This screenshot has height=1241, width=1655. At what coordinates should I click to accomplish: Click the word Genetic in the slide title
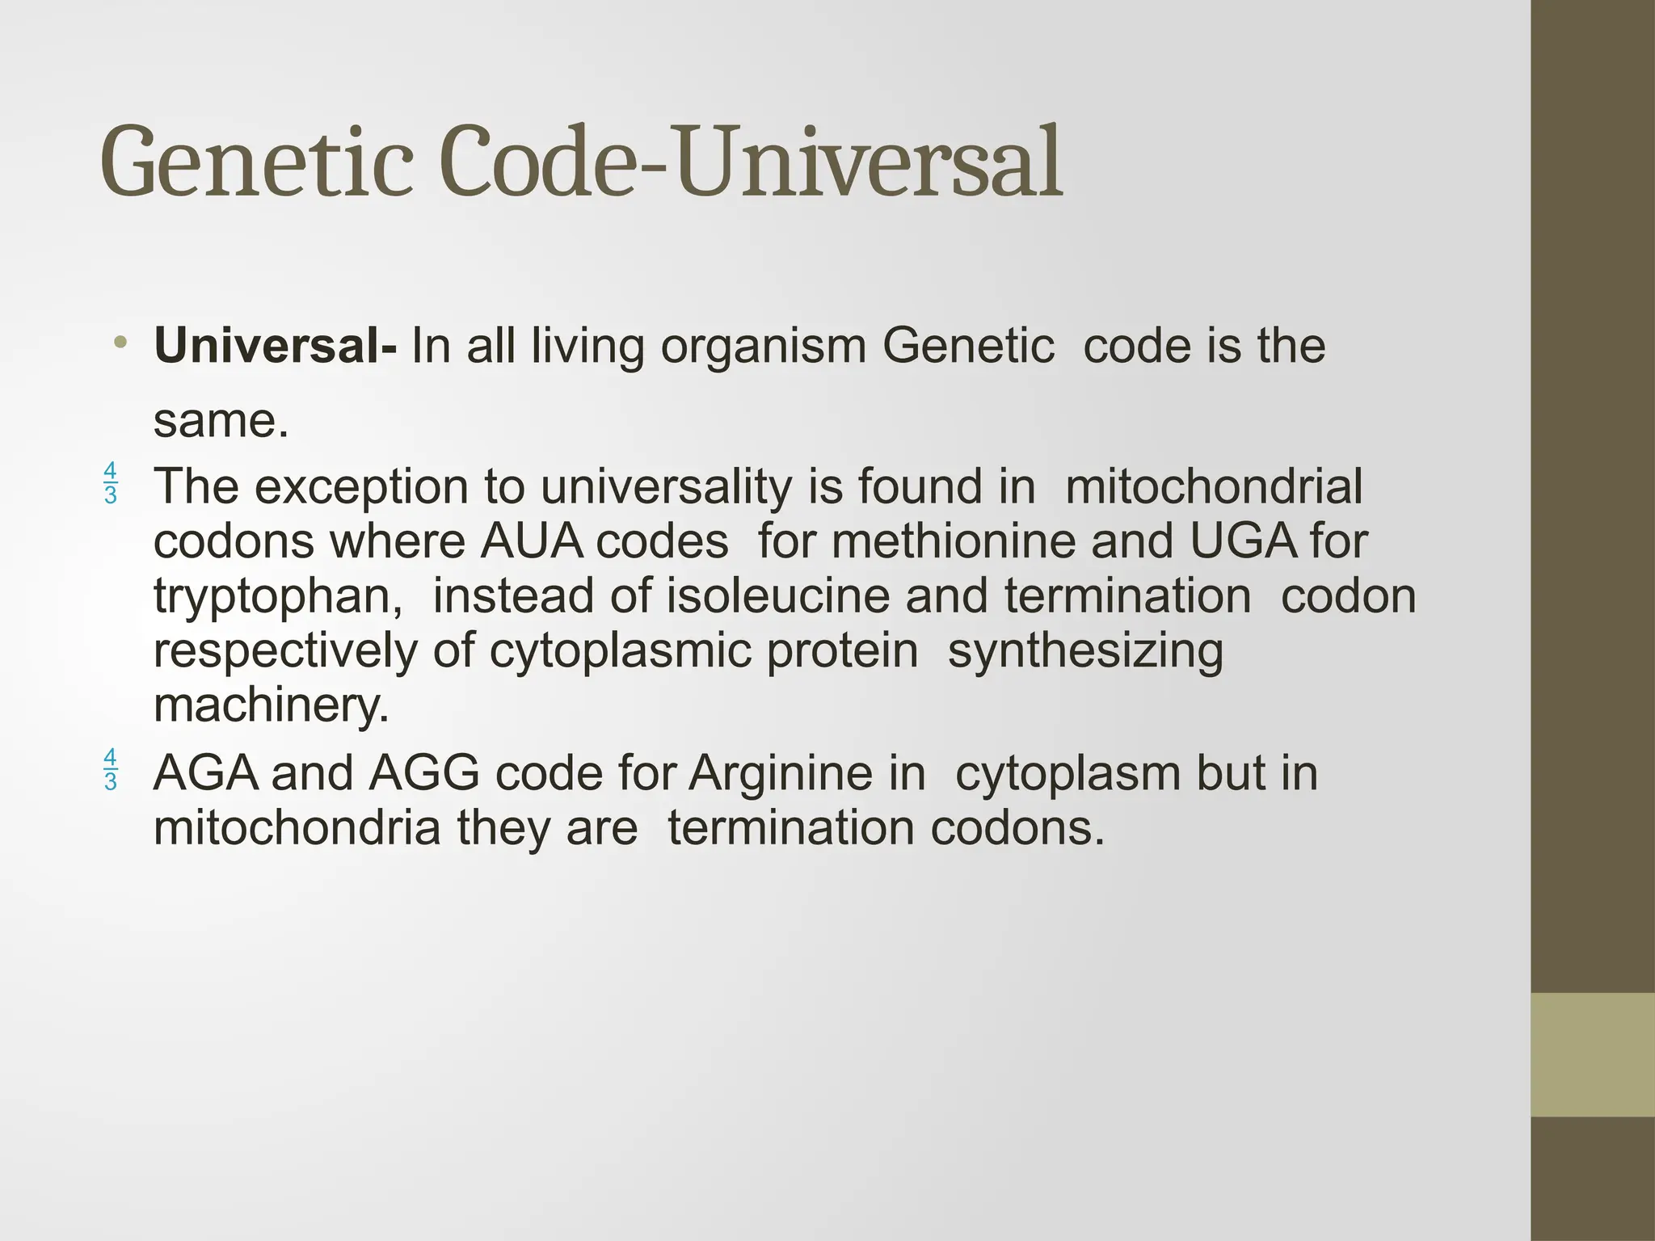(256, 162)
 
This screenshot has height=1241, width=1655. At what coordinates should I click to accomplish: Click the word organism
(763, 347)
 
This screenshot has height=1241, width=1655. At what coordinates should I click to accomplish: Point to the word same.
(220, 421)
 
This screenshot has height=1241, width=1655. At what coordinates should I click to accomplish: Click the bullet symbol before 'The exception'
(111, 483)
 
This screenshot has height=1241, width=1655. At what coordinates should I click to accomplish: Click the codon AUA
(531, 541)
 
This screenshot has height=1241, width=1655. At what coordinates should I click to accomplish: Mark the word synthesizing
(1085, 651)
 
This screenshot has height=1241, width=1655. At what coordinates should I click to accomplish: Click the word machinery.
(271, 705)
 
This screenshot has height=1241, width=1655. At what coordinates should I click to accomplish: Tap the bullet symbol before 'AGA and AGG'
(111, 769)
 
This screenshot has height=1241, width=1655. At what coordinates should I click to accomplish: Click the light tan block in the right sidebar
(1593, 1054)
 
